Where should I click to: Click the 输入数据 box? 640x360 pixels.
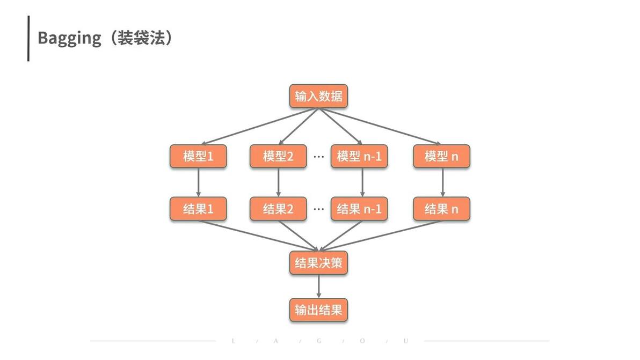pos(318,96)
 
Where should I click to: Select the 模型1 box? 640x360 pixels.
pos(198,156)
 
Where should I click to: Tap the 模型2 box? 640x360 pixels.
pos(278,156)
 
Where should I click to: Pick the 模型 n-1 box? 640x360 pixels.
pos(359,156)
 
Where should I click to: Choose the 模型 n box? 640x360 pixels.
pos(442,156)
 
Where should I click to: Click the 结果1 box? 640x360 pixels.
pos(198,209)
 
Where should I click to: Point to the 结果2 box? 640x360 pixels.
pos(278,209)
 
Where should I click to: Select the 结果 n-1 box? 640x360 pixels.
pos(359,209)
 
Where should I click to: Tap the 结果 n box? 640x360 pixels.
pos(442,209)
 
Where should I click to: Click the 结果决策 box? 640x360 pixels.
pos(318,263)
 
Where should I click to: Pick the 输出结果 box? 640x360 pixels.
pos(318,310)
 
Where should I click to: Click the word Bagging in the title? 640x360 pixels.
pos(69,39)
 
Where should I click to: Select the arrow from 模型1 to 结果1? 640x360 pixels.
pos(198,182)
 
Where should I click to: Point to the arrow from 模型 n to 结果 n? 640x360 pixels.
pos(443,182)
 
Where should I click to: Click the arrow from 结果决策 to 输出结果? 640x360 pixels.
pos(318,286)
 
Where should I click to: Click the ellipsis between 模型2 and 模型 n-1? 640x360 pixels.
pos(319,157)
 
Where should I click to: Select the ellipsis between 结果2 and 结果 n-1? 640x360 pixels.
pos(319,209)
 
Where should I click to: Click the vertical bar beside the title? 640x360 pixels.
pos(28,38)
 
